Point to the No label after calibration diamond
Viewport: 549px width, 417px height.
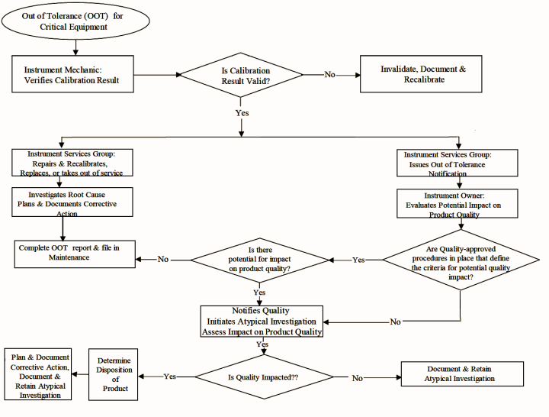pyautogui.click(x=329, y=75)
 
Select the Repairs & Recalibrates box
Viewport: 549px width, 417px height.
pyautogui.click(x=73, y=163)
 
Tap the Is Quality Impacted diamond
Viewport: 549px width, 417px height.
pyautogui.click(x=263, y=377)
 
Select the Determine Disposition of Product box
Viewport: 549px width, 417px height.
pyautogui.click(x=116, y=375)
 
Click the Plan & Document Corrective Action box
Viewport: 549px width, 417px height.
pyautogui.click(x=40, y=377)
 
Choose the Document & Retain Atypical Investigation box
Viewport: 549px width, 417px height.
pyautogui.click(x=461, y=373)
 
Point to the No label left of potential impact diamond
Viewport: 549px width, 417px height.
pyautogui.click(x=162, y=260)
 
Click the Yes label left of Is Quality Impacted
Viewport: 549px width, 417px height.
pyautogui.click(x=169, y=377)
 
